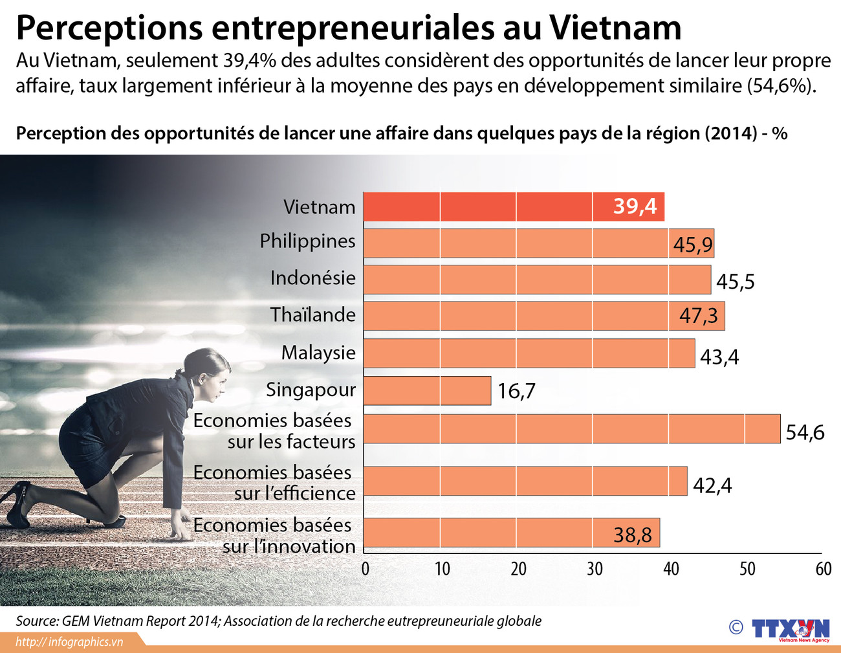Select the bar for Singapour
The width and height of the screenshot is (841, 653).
[x=427, y=391]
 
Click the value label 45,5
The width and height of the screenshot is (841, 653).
[x=736, y=282]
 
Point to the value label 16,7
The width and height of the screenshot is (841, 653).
[x=516, y=392]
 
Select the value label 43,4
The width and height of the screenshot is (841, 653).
[x=719, y=357]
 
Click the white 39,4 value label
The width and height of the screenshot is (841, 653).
[x=635, y=206]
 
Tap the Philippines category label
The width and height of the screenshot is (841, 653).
[x=307, y=241]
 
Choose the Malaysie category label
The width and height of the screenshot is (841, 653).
[x=318, y=353]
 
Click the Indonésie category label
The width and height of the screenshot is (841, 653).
[x=312, y=278]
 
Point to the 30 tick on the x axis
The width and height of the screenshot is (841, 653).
[x=595, y=569]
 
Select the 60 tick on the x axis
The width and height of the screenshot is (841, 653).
[x=823, y=569]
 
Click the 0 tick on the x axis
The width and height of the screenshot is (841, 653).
[x=366, y=569]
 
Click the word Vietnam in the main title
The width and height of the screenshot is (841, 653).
[x=615, y=27]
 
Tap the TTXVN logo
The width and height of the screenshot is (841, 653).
[x=790, y=629]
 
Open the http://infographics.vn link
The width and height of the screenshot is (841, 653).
[x=69, y=642]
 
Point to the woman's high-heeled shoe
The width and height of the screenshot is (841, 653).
[x=16, y=502]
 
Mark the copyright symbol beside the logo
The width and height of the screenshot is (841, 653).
[x=736, y=627]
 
